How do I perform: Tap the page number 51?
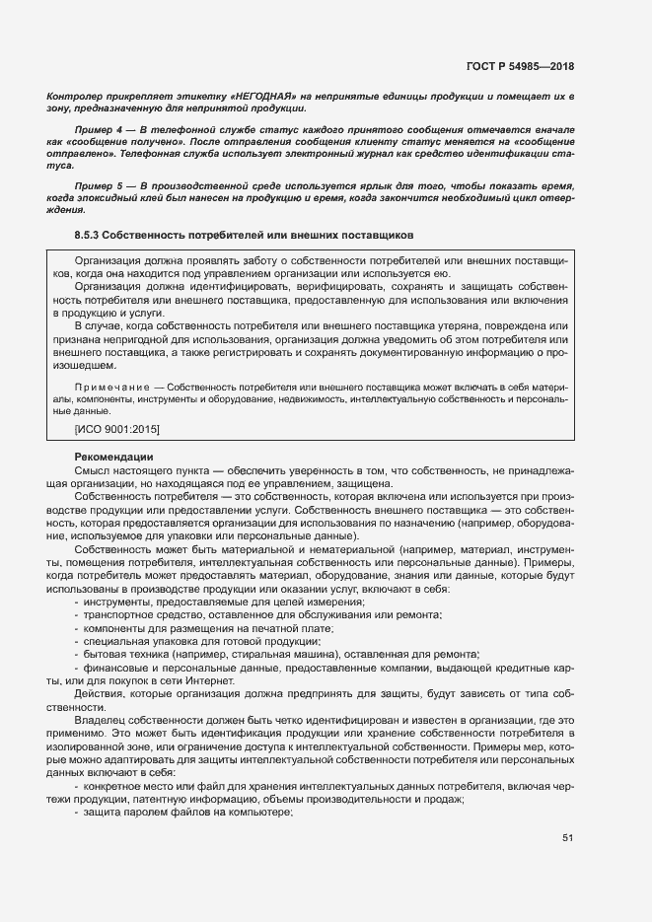[567, 838]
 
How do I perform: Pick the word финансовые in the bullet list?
[115, 669]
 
